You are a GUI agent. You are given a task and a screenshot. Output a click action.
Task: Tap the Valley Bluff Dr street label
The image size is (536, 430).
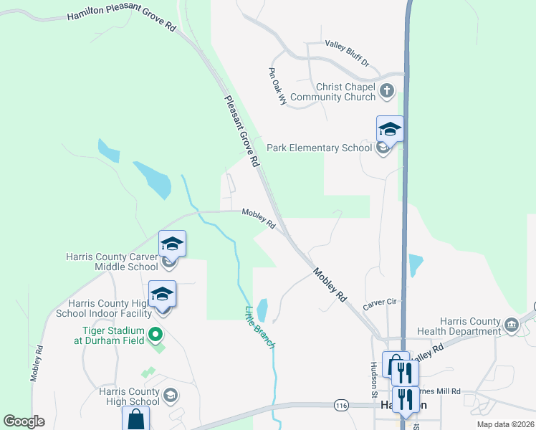(346, 53)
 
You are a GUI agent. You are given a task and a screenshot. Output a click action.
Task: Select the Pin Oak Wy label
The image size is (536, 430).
(278, 87)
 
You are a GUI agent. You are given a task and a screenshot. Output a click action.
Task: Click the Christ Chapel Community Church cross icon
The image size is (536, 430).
(387, 91)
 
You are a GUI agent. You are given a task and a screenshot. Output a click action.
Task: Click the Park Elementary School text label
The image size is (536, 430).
(320, 148)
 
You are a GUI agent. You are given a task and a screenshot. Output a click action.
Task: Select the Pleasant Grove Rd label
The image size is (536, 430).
(241, 132)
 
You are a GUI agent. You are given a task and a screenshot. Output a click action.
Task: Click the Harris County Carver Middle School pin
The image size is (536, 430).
(172, 244)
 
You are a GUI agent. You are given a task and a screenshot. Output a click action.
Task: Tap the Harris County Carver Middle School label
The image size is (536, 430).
(111, 262)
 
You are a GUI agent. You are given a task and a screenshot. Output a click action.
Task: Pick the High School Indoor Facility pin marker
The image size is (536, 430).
(162, 294)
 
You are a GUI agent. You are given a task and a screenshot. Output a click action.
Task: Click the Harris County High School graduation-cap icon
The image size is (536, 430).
(171, 394)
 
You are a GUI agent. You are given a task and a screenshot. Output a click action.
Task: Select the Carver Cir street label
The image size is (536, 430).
(379, 302)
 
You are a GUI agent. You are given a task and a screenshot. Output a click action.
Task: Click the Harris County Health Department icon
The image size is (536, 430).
(511, 325)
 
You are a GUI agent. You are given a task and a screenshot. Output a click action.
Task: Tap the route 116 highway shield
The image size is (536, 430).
(341, 406)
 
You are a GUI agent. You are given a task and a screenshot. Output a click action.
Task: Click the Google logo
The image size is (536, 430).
(24, 421)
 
